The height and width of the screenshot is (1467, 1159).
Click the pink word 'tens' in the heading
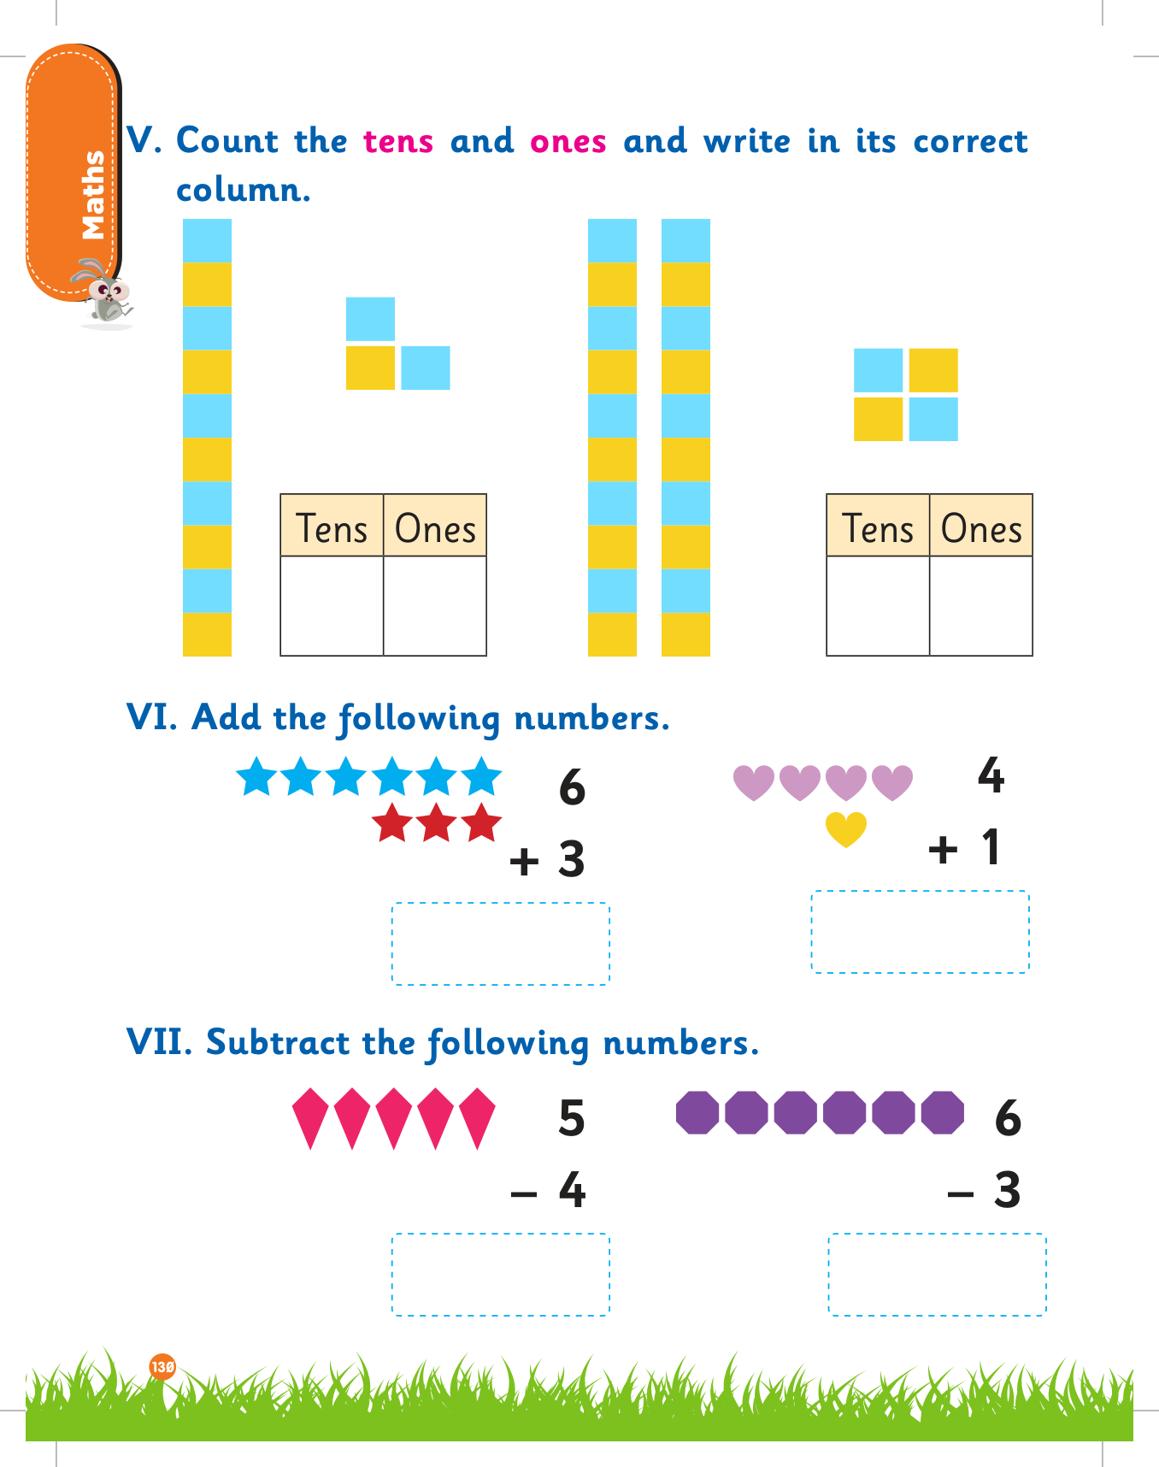[398, 141]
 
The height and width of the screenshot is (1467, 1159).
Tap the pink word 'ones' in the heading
[568, 141]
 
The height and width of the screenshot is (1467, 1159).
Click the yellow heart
[846, 828]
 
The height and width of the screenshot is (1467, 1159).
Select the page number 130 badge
[162, 1366]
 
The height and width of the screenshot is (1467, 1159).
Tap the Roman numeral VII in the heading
[159, 1042]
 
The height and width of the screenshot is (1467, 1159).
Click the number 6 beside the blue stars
[572, 787]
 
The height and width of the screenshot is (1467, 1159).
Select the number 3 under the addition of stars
[572, 859]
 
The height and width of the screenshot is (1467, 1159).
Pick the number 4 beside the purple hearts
[991, 775]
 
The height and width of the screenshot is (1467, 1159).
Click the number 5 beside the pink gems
[572, 1118]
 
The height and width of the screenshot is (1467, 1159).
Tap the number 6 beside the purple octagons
[1009, 1118]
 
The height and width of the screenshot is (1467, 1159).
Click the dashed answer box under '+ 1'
[920, 932]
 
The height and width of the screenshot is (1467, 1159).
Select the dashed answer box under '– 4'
[501, 1274]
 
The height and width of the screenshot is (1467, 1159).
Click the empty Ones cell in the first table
[435, 605]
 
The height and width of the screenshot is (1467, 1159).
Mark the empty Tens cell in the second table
[878, 605]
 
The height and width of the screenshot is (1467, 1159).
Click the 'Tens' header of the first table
[332, 527]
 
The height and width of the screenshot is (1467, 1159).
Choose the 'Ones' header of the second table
[981, 527]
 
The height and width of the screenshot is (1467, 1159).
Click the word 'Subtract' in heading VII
[278, 1042]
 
